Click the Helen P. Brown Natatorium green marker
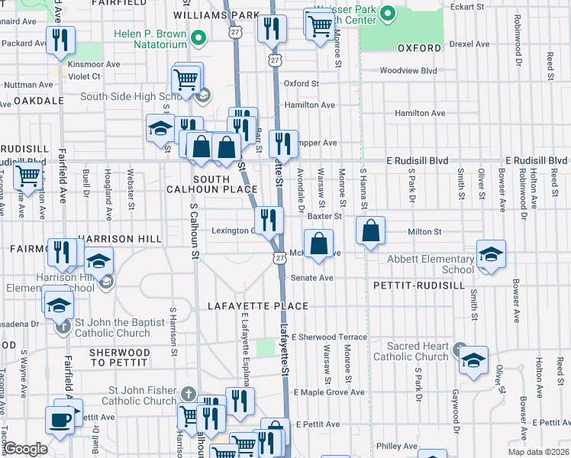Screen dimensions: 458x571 pyautogui.click(x=198, y=37)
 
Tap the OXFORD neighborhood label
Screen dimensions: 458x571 pyautogui.click(x=419, y=48)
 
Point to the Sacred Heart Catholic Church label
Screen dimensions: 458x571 pyautogui.click(x=411, y=351)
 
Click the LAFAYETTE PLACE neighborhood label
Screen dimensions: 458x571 pyautogui.click(x=258, y=306)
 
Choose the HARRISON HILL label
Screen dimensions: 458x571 pyautogui.click(x=108, y=238)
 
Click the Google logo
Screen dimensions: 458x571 pyautogui.click(x=26, y=449)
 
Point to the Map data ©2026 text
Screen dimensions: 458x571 pyautogui.click(x=538, y=452)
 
